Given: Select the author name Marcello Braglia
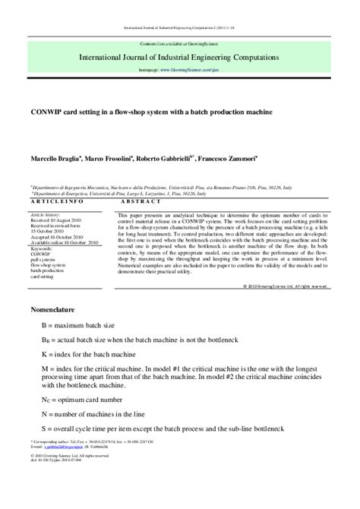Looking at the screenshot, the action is [x=58, y=158].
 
